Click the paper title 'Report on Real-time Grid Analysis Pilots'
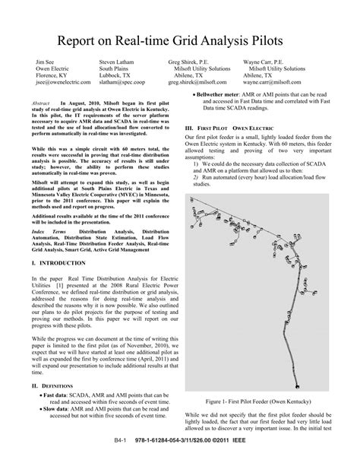click(x=180, y=35)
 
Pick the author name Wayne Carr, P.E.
click(x=264, y=59)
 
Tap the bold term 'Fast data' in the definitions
click(x=55, y=395)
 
